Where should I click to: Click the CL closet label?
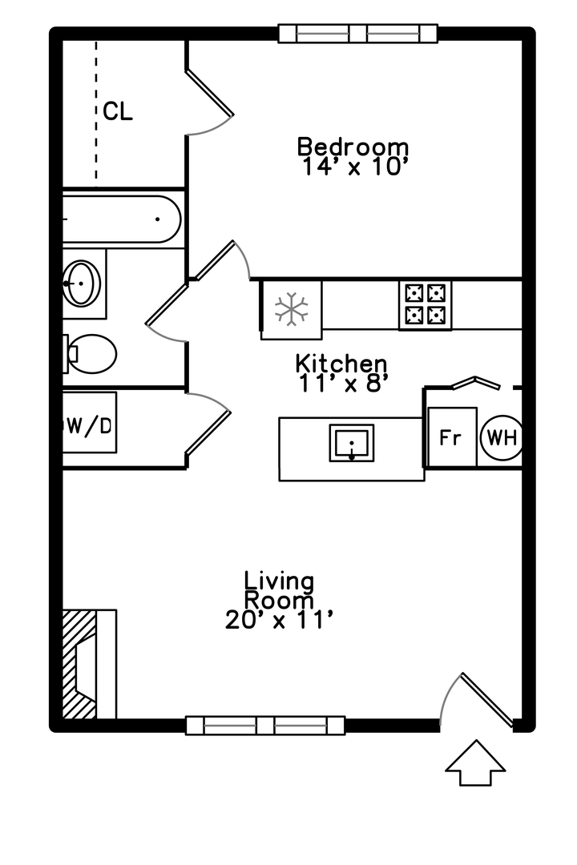118,111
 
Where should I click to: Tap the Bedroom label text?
353,147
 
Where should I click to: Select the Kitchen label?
341,364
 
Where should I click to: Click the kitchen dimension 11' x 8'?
341,384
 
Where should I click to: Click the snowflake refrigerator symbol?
291,308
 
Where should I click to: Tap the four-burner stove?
426,306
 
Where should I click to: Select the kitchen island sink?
352,442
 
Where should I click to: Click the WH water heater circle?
502,438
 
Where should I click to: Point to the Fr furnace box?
452,437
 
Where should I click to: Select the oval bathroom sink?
81,283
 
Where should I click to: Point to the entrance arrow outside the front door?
475,763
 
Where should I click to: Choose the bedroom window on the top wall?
357,34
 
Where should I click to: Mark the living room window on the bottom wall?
265,726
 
